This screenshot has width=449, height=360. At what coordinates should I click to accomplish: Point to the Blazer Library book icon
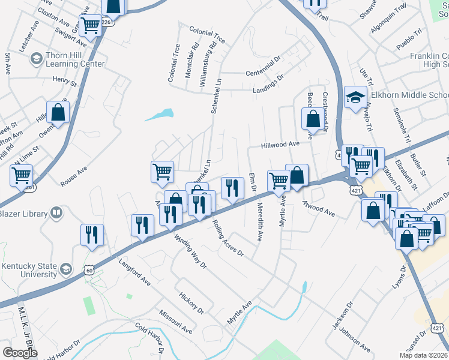(56, 213)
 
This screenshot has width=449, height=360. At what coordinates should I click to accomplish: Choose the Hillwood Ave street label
(280, 145)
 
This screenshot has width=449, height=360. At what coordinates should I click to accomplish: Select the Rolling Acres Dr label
(228, 238)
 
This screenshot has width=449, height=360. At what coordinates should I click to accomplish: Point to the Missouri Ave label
(175, 322)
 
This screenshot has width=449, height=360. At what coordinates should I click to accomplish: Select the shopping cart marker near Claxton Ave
(90, 26)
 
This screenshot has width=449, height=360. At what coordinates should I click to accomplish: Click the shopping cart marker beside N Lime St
(21, 176)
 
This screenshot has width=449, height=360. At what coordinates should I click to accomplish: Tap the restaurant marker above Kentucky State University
(92, 235)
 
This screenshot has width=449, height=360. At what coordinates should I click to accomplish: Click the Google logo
(20, 353)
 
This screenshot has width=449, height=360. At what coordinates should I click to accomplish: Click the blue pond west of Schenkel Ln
(160, 115)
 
